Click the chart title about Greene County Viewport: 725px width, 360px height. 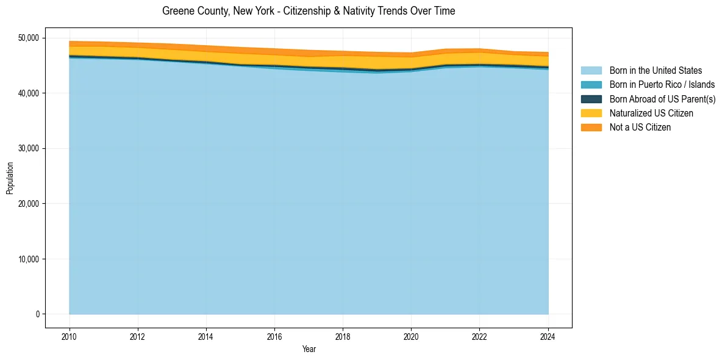[x=309, y=11]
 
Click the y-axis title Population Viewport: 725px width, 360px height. [x=10, y=178]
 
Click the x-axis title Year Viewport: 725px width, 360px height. [x=309, y=349]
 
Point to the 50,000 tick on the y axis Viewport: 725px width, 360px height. [x=27, y=38]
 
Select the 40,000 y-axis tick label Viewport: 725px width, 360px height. [x=27, y=93]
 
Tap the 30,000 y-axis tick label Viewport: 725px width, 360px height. [x=27, y=148]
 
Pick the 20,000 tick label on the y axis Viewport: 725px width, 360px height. [x=27, y=204]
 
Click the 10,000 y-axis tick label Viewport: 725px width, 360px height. [x=27, y=259]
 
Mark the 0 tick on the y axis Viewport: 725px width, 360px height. [x=37, y=314]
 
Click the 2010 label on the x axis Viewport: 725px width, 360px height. [x=70, y=336]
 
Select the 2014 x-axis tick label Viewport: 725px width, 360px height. [x=206, y=336]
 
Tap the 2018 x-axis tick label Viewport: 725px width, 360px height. [x=343, y=336]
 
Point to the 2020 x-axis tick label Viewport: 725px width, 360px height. [x=411, y=336]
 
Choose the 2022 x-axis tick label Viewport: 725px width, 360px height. [x=479, y=336]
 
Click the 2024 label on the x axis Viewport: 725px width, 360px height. [x=548, y=336]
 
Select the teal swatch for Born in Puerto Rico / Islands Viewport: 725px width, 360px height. [x=591, y=85]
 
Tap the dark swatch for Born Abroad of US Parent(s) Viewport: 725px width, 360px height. [x=591, y=99]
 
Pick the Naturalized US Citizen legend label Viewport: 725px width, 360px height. [x=651, y=113]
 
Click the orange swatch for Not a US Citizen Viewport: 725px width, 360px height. [x=591, y=128]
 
